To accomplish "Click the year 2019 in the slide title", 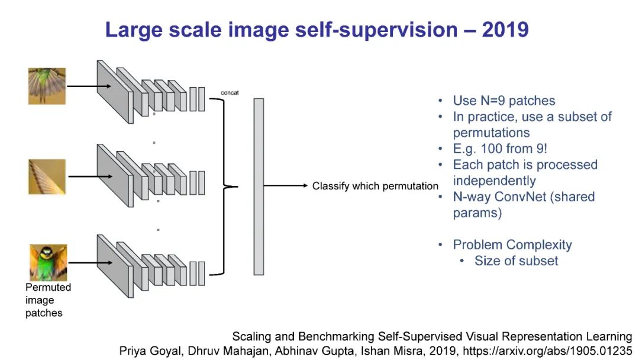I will pyautogui.click(x=505, y=30).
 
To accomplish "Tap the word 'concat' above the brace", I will pyautogui.click(x=229, y=93).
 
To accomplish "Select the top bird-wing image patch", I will pyautogui.click(x=47, y=86).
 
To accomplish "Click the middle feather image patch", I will pyautogui.click(x=47, y=176).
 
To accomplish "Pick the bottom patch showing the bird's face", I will pyautogui.click(x=48, y=262).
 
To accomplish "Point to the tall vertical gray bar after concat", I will pyautogui.click(x=259, y=186).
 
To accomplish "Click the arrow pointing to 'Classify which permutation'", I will pyautogui.click(x=286, y=186).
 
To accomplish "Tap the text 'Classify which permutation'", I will pyautogui.click(x=375, y=186).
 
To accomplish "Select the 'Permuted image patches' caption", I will pyautogui.click(x=48, y=300).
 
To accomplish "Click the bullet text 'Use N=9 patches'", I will pyautogui.click(x=504, y=101).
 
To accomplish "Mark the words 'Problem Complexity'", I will pyautogui.click(x=512, y=245).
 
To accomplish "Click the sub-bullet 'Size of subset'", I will pyautogui.click(x=516, y=261).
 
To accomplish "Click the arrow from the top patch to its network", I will pyautogui.click(x=89, y=86).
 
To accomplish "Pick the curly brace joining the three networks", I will pyautogui.click(x=228, y=186).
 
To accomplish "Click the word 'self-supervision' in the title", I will pyautogui.click(x=360, y=30).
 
